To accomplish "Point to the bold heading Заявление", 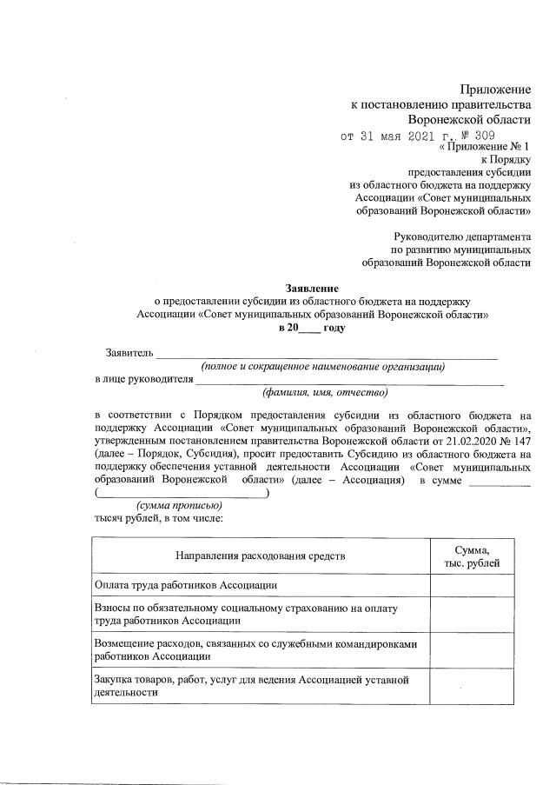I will [x=313, y=288].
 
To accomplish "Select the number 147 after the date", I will [x=520, y=442].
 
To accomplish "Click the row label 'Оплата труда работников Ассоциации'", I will [x=185, y=585].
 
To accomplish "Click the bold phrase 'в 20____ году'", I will [x=312, y=328].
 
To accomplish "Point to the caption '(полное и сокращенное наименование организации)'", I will [x=323, y=367].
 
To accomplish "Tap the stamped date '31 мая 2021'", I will [x=399, y=136].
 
